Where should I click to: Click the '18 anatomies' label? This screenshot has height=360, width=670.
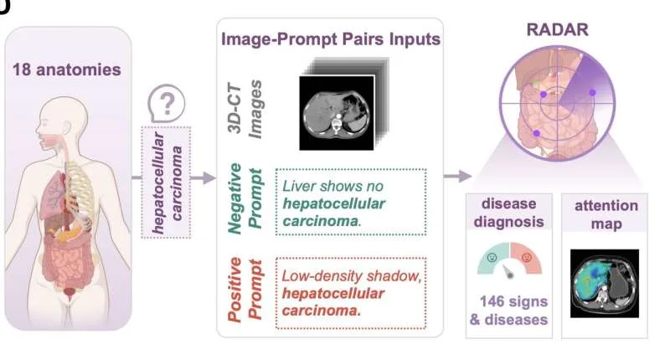[67, 69]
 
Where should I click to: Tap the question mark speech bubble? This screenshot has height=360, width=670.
[166, 103]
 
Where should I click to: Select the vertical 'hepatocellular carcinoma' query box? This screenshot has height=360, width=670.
[166, 183]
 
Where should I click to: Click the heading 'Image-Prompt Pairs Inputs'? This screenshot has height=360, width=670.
[331, 39]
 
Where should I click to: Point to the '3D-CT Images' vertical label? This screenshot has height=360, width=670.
[245, 110]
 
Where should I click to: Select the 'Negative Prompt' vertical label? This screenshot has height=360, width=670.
[245, 199]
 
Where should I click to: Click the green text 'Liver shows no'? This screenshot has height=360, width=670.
[332, 186]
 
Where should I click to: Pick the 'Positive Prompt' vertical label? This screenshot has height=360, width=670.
[245, 289]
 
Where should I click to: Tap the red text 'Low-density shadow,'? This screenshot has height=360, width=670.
[352, 276]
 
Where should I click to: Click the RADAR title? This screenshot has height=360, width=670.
[557, 29]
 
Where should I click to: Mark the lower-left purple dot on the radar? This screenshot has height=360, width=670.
[537, 133]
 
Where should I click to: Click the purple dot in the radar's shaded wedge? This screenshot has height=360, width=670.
[592, 92]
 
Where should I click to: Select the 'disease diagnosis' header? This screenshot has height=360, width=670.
[508, 213]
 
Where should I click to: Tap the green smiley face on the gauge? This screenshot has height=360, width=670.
[492, 258]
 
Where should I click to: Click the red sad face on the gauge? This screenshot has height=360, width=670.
[527, 258]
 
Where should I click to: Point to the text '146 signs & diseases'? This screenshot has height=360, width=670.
[508, 311]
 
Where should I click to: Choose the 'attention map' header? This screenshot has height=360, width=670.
[606, 214]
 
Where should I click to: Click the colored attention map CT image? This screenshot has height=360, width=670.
[604, 284]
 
